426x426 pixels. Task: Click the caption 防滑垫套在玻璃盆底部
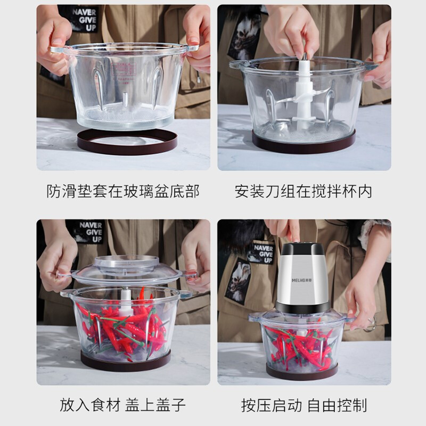pos(123,191)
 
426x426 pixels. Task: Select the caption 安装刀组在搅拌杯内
pos(303,191)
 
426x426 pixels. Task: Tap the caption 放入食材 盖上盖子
pos(122,405)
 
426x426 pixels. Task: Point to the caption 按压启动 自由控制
pos(304,405)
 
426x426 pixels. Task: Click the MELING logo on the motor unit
pos(302,280)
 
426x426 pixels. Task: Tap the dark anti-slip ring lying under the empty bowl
pos(127,142)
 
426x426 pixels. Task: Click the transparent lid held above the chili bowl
pos(126,271)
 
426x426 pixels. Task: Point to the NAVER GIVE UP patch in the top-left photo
pos(84,20)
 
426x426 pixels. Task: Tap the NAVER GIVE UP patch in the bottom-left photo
pos(90,232)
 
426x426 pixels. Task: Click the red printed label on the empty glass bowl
pos(124,71)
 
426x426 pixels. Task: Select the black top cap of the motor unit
pos(302,249)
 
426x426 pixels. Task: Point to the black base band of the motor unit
pos(302,307)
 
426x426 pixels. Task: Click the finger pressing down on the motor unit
pos(294,232)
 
